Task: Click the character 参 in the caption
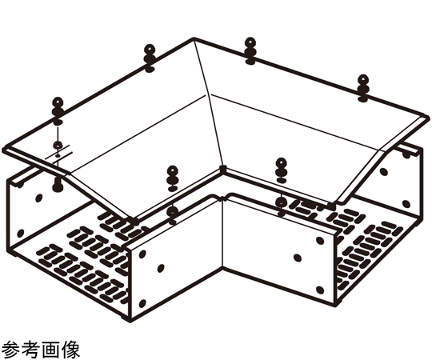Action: (10, 350)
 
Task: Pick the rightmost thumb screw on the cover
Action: (363, 87)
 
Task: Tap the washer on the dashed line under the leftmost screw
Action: (58, 144)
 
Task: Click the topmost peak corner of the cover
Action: (194, 38)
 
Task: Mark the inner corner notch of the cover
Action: (223, 170)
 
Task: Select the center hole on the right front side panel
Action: (298, 258)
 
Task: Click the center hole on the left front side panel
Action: (161, 267)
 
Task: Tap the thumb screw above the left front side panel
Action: (173, 178)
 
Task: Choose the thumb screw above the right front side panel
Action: (282, 170)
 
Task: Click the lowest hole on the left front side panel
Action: (142, 303)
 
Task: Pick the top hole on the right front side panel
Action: (319, 241)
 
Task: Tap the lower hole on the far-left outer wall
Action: (20, 233)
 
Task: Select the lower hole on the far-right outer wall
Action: (406, 204)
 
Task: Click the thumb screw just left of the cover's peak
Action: (150, 58)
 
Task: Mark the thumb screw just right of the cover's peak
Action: (250, 51)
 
